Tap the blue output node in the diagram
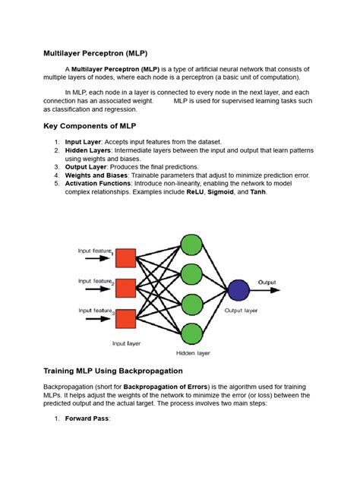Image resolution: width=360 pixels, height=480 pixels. (238, 290)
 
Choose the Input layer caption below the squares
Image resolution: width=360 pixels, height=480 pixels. (127, 343)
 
